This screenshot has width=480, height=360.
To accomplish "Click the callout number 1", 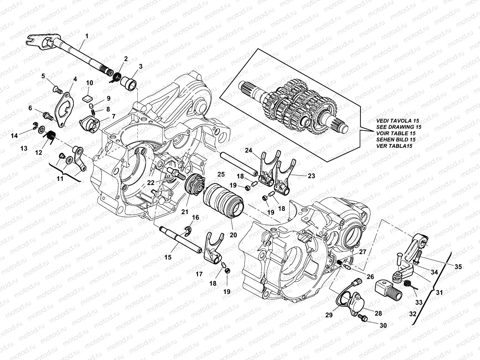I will tap(87, 36).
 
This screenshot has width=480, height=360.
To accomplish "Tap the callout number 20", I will tap(233, 235).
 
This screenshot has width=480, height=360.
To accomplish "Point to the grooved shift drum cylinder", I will tap(224, 199).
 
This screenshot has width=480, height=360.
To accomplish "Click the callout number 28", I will tap(378, 313).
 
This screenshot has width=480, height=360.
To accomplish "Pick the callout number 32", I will tap(413, 314).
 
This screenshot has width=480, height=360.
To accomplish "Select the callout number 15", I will tap(168, 257).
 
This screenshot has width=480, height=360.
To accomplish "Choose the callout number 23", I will tap(311, 176).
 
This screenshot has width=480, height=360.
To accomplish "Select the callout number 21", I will tap(184, 211).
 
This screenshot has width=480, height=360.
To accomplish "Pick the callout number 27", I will tap(362, 252).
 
